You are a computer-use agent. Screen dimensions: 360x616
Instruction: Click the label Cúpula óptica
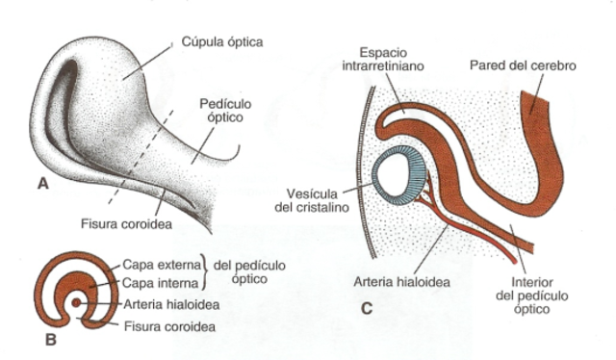point(222,42)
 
